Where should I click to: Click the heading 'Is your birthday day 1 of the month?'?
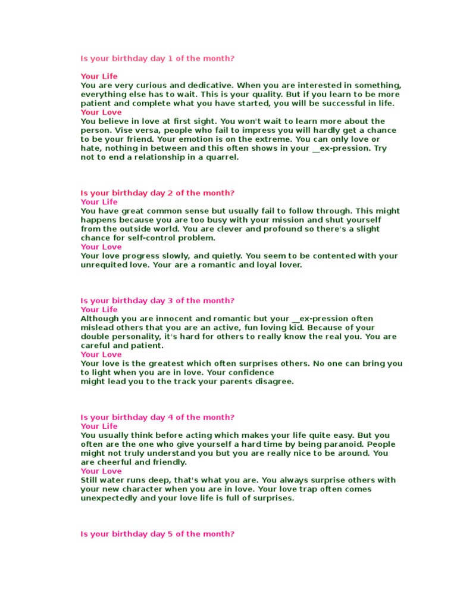pos(158,58)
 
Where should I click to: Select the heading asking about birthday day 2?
pos(158,193)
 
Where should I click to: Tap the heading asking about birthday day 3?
pos(158,301)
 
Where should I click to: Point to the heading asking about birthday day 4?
pos(158,418)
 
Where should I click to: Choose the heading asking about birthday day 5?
pos(158,534)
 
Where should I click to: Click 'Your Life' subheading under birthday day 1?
pos(99,76)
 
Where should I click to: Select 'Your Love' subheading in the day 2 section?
pos(101,247)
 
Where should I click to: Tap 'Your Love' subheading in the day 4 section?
pos(101,471)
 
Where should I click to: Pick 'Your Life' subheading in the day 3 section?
pos(99,310)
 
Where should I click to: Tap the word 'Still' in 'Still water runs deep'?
pos(90,480)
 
